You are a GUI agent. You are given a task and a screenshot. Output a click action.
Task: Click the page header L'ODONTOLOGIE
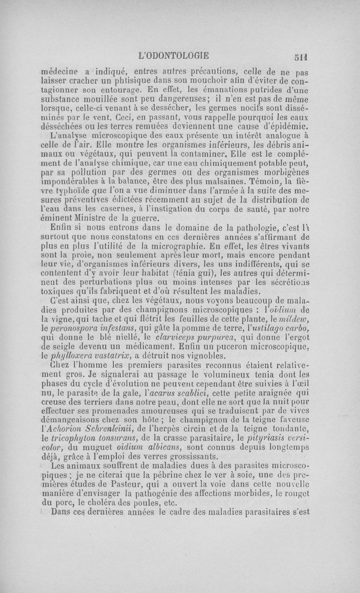175,56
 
